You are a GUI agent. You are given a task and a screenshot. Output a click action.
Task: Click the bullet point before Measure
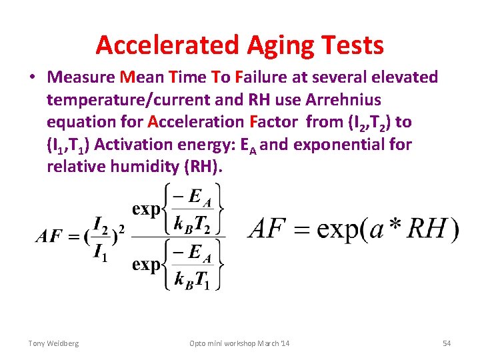pyautogui.click(x=33, y=78)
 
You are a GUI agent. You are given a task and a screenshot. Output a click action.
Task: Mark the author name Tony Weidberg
pyautogui.click(x=53, y=343)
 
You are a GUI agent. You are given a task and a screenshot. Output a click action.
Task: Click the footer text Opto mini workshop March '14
pyautogui.click(x=239, y=343)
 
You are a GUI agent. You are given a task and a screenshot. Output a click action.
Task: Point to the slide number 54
pyautogui.click(x=447, y=343)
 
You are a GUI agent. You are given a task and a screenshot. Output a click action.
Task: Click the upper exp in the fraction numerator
pyautogui.click(x=146, y=209)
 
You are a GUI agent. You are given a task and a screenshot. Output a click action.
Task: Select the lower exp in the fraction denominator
pyautogui.click(x=146, y=264)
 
